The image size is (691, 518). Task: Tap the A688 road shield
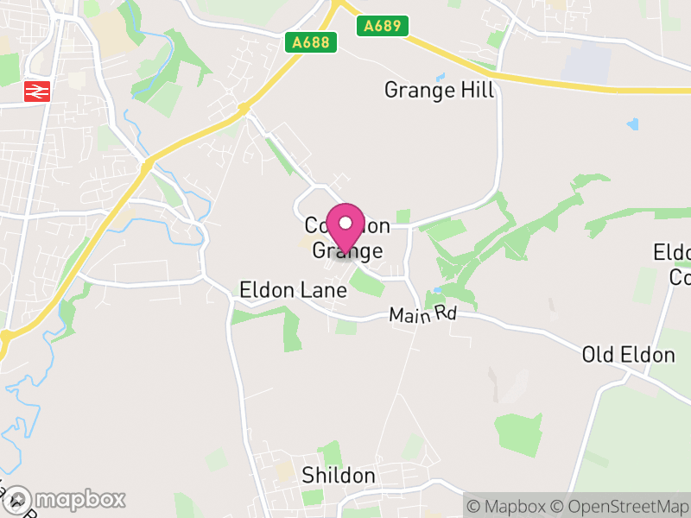coord(310,42)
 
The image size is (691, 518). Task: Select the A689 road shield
coord(381,26)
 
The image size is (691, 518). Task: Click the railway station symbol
coord(37,90)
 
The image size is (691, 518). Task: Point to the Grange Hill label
coord(439,90)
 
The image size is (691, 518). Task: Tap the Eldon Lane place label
coord(294,290)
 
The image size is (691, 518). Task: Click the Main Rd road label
coord(422,314)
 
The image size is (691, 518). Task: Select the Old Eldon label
coord(628,355)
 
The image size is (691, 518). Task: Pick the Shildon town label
coord(339,476)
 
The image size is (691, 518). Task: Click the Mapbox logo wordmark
coord(79,499)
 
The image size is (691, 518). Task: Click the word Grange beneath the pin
coord(346,251)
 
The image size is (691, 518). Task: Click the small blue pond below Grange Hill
coord(441,77)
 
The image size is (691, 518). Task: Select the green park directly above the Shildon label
coord(330,453)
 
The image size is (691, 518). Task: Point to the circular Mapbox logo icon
coord(19,499)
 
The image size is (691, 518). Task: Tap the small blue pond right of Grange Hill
coord(633,124)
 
